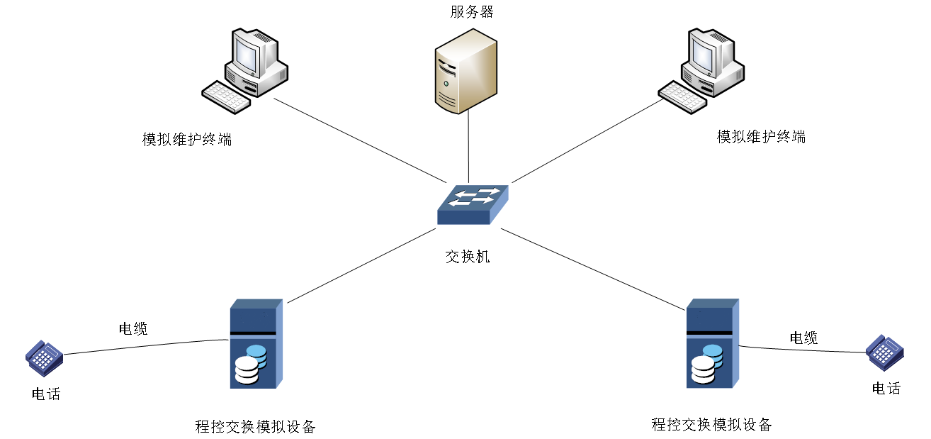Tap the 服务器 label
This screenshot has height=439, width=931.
(471, 11)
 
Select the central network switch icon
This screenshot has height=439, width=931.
(472, 204)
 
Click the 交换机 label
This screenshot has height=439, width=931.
(467, 257)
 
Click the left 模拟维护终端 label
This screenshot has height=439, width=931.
(187, 139)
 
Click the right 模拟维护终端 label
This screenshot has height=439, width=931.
(761, 137)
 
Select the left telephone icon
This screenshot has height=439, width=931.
(44, 357)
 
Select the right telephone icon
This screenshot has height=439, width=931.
(885, 351)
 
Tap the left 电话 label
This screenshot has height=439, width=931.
(46, 394)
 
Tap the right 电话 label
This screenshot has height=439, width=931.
(886, 388)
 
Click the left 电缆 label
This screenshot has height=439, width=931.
(132, 328)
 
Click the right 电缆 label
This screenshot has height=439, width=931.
(803, 338)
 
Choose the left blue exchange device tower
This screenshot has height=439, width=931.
(256, 344)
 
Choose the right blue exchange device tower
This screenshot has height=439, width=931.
(712, 343)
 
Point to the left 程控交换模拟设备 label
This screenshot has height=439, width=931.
(255, 427)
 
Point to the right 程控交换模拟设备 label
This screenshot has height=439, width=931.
(711, 425)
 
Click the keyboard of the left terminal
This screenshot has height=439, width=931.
(225, 96)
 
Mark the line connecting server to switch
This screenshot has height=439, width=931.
(468, 145)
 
